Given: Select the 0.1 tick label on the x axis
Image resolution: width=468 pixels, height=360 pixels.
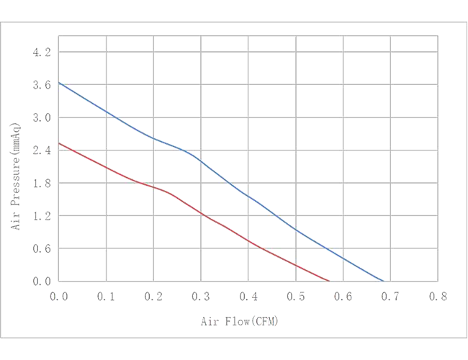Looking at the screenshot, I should point(106,294).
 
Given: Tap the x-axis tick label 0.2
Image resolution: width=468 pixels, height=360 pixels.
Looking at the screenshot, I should point(153,294).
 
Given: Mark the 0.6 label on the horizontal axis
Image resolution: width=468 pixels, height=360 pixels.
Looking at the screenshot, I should point(341,294).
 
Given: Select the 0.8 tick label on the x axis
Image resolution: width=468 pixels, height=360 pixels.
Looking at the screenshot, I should point(436,294).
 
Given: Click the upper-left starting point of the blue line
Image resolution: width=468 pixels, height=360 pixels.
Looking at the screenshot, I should point(59,82).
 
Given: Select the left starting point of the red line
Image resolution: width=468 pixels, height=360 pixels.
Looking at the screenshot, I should point(59,143).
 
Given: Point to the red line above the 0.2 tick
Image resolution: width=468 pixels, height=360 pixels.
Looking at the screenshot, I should point(153,188).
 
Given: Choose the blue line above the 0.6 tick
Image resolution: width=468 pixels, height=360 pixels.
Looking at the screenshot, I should point(341,256).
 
